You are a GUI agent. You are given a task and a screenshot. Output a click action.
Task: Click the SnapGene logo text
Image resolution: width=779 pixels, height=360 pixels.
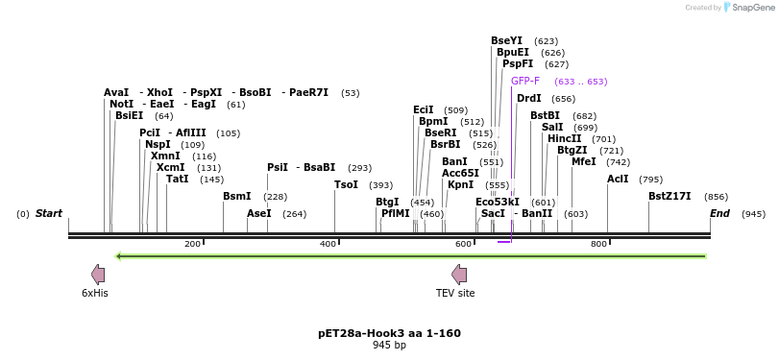[753, 8]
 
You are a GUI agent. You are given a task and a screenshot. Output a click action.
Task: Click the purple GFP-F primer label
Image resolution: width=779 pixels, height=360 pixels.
[524, 82]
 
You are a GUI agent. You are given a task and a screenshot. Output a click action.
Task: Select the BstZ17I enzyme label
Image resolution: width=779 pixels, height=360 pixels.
[669, 196]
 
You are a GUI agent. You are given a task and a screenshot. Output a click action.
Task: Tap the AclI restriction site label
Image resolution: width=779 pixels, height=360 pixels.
[618, 179]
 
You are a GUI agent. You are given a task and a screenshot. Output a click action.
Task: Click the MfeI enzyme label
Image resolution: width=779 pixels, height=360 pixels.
[583, 162]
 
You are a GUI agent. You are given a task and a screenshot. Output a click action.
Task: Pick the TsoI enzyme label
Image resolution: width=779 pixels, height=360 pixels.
[346, 185]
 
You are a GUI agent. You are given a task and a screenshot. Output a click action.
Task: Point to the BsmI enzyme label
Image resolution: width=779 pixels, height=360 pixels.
[236, 196]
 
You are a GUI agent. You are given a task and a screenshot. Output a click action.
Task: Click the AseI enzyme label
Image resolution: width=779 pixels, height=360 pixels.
[259, 213]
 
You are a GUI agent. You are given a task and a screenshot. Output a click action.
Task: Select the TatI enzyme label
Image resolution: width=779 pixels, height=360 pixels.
[178, 179]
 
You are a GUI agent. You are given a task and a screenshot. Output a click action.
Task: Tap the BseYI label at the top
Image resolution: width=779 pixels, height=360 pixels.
[506, 41]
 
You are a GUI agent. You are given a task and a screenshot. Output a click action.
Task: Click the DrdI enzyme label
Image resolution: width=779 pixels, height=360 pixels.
[528, 98]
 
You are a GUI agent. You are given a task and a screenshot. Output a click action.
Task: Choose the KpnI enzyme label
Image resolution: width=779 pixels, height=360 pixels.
[460, 184]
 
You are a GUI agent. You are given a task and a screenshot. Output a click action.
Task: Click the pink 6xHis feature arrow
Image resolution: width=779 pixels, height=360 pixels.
[97, 274]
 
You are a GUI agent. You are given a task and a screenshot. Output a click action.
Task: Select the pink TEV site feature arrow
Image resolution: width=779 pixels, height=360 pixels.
[458, 274]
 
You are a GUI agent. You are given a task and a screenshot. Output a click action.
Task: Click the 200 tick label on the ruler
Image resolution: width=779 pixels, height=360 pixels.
[193, 244]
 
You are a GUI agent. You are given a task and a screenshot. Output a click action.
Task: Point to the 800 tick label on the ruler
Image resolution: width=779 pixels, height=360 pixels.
[598, 244]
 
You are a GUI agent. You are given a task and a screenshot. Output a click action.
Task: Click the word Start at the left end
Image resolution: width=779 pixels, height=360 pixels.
[49, 213]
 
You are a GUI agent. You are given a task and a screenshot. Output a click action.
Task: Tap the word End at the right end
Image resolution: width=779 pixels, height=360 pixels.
[719, 213]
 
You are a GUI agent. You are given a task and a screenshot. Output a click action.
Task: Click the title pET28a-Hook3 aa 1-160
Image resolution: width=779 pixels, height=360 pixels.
[389, 333]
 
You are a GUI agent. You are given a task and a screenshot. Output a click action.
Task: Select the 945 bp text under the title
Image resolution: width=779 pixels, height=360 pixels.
[389, 345]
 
